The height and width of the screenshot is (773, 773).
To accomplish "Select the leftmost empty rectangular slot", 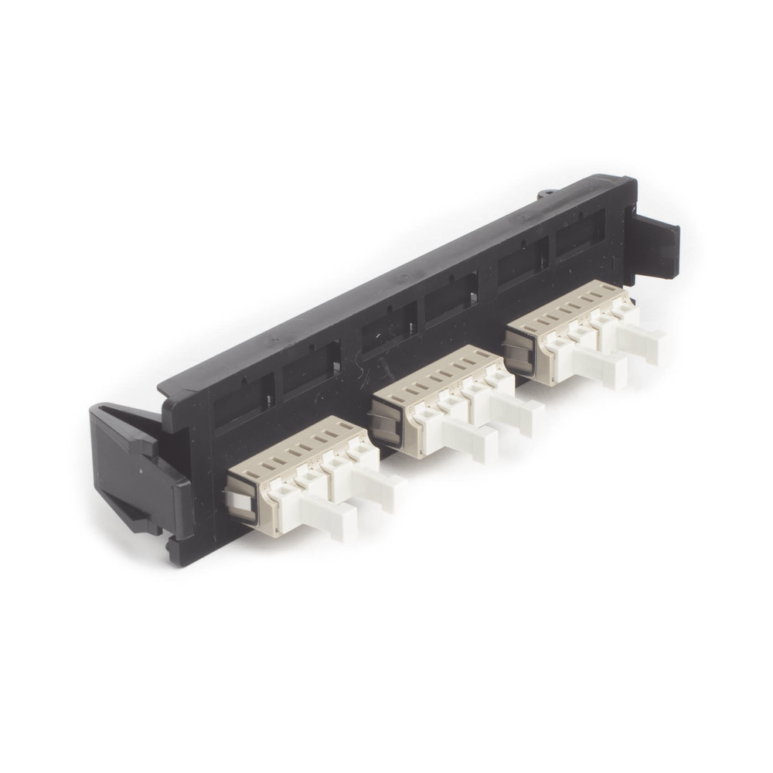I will coord(243,401).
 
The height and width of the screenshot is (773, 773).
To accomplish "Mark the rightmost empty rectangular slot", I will coord(580,232).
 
